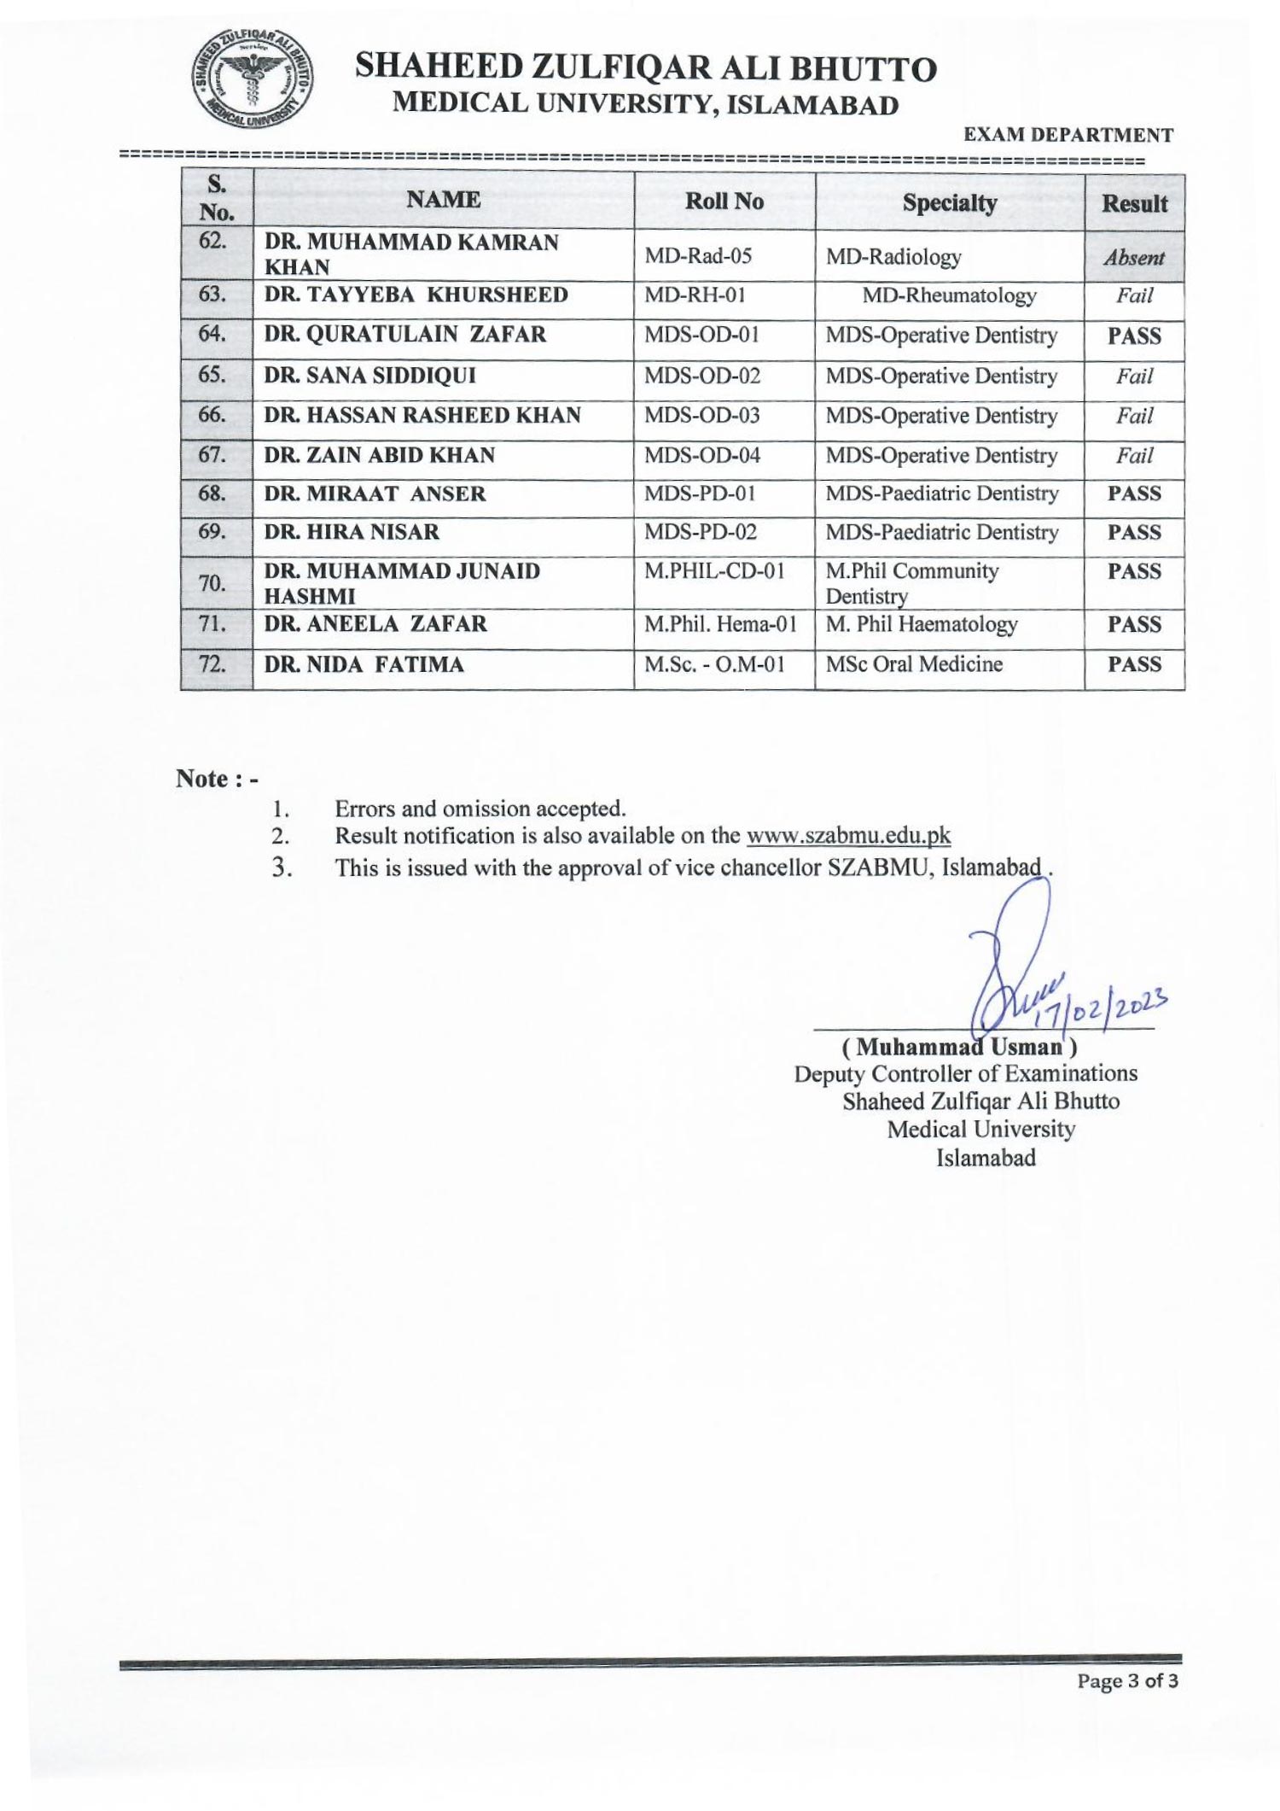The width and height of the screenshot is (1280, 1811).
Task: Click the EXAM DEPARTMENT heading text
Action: [1068, 135]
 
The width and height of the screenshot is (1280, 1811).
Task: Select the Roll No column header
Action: [724, 202]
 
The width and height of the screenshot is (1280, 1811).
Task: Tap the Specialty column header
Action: [949, 203]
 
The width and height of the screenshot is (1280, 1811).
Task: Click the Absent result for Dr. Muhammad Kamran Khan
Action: [1133, 258]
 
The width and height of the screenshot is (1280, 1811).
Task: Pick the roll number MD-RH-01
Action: [695, 295]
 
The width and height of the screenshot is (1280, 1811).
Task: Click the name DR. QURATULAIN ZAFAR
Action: [404, 335]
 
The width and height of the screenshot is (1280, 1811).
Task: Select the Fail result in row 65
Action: [1133, 377]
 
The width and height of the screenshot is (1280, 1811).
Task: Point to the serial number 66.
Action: [212, 415]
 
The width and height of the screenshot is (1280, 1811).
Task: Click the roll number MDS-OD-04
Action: [701, 455]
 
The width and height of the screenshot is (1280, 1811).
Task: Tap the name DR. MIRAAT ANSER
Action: [375, 494]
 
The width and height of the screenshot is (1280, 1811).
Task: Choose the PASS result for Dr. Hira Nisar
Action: [1133, 533]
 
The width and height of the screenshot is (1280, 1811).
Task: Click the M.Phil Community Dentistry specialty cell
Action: [911, 582]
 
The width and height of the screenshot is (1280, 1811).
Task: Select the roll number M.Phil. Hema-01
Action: [720, 624]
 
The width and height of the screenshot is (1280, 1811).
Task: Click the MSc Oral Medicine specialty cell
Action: [913, 664]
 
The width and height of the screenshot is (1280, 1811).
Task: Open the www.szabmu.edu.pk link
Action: [847, 836]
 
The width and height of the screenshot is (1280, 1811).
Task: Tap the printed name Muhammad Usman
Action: [959, 1047]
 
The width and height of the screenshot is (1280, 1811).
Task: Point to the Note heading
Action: [216, 779]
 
